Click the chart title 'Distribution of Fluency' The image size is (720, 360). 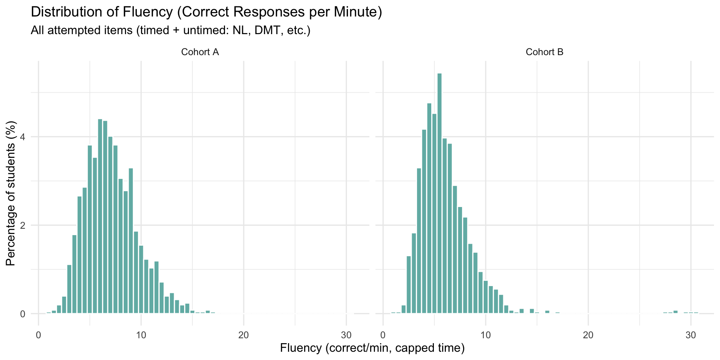[x=206, y=12]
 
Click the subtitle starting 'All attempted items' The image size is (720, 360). [x=171, y=30]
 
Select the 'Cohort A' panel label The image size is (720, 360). [x=200, y=52]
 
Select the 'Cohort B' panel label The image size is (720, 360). [x=544, y=52]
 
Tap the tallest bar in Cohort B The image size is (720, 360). [x=439, y=193]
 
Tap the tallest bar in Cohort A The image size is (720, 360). [x=100, y=216]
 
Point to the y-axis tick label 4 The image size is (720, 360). [x=22, y=137]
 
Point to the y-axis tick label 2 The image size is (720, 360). [x=22, y=225]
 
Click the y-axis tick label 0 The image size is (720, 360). [x=22, y=314]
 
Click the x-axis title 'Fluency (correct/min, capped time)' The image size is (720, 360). [x=372, y=348]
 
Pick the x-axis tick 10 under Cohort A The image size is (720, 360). [x=141, y=335]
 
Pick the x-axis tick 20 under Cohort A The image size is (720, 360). [x=244, y=335]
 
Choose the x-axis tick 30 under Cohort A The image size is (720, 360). [x=346, y=335]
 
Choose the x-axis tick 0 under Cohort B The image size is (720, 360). [x=383, y=335]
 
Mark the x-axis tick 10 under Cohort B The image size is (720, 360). [x=486, y=335]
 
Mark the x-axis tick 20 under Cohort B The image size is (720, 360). [x=588, y=335]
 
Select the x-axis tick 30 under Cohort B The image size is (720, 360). [x=691, y=335]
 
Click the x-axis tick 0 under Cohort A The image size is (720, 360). [x=39, y=335]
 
